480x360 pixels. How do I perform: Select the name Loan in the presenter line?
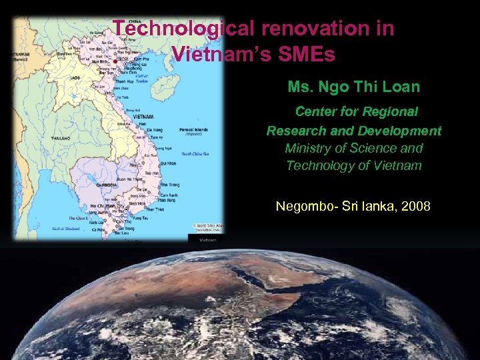tap(402, 87)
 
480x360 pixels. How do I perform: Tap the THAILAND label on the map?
tap(60, 138)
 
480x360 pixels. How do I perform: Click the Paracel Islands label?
tap(194, 130)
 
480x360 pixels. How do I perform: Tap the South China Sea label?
tap(195, 154)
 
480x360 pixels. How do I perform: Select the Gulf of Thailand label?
tap(66, 228)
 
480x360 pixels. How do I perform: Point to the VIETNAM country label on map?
tap(143, 117)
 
